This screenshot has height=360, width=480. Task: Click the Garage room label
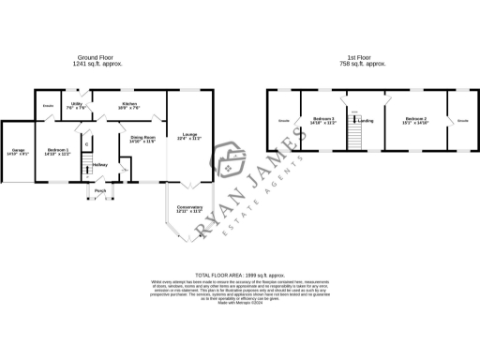click(18, 153)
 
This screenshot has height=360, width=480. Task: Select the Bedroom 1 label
click(57, 152)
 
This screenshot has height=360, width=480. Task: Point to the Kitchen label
click(129, 106)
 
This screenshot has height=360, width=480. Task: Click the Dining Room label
click(142, 140)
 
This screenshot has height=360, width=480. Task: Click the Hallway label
click(99, 166)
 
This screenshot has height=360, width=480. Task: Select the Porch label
click(99, 191)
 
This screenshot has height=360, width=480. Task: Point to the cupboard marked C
click(85, 142)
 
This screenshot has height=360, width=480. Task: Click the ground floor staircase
click(85, 169)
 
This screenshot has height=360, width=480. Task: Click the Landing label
click(367, 121)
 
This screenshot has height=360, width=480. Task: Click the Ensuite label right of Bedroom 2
click(462, 121)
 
